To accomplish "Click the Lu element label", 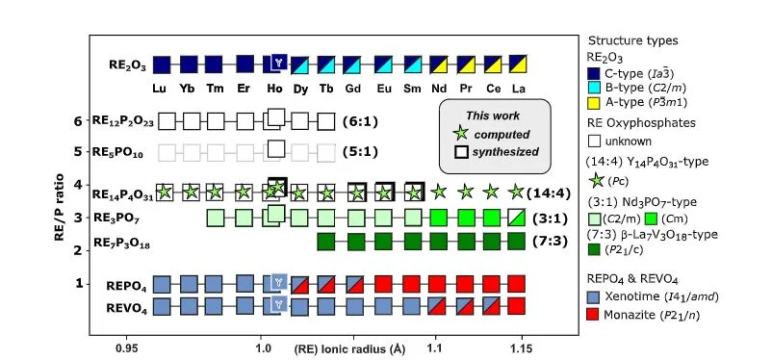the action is coord(160,90).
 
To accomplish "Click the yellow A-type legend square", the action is coord(595,103).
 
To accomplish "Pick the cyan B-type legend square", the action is coord(595,88).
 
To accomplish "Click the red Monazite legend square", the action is coord(595,314).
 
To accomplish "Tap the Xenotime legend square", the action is coord(595,297).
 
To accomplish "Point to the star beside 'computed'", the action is coord(460,134).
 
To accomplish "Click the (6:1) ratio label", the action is coord(360,121).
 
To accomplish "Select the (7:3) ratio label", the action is coord(550,242).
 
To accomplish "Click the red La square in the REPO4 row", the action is coord(517,284).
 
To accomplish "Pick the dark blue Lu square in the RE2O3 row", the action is coord(162,64).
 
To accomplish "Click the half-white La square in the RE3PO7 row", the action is coord(517,218).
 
